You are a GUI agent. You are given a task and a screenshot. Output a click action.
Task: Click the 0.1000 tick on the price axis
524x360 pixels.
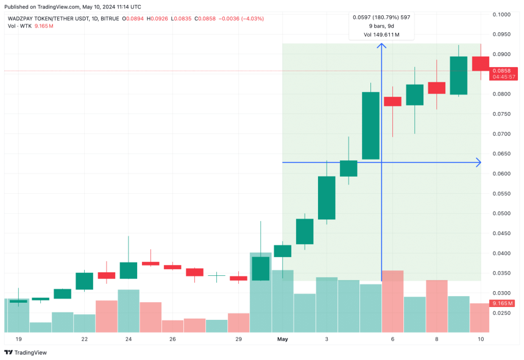point(501,14)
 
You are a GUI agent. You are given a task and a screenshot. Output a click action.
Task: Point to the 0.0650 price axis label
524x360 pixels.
point(501,154)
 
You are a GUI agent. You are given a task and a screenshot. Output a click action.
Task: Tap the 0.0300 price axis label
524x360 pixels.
point(501,293)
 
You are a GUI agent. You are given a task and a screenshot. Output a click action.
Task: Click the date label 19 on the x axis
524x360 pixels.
point(18,338)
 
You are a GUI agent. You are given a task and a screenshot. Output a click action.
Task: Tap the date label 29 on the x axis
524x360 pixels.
point(238,338)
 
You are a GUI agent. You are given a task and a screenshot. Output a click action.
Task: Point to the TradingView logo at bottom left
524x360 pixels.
point(26,352)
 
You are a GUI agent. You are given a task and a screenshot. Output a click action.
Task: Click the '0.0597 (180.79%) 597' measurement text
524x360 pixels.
point(381,17)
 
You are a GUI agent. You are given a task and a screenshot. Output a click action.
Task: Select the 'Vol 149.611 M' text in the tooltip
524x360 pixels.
point(381,35)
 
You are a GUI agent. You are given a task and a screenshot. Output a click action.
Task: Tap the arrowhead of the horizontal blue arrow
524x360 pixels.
point(478,163)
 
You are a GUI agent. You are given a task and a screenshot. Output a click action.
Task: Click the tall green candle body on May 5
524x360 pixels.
point(371,125)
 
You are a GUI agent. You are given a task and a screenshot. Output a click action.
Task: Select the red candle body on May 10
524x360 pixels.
point(480,63)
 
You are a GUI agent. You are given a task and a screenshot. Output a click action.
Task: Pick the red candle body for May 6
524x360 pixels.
point(392,101)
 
